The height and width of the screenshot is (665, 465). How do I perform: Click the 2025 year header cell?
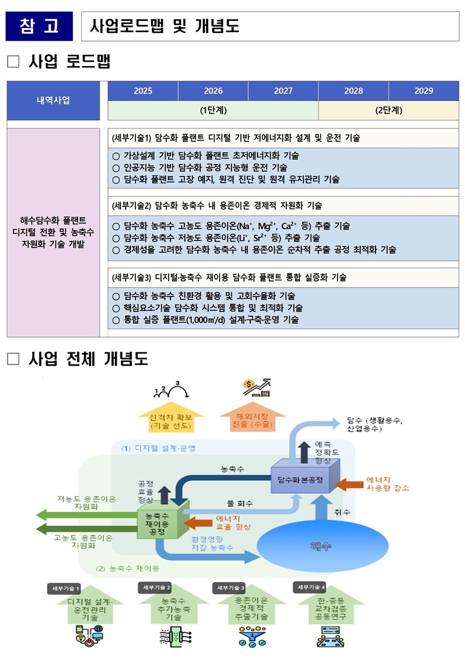click(x=143, y=91)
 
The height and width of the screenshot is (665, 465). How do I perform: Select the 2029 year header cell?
click(x=423, y=91)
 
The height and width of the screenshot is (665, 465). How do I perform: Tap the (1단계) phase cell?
click(x=213, y=110)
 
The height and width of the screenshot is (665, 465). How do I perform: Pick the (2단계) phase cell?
click(x=389, y=110)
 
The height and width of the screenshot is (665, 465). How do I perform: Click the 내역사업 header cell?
click(x=53, y=100)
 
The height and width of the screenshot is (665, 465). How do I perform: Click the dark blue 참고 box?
click(x=39, y=26)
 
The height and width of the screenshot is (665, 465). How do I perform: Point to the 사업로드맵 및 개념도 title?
click(x=165, y=26)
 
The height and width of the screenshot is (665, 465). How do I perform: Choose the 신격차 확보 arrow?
click(x=171, y=419)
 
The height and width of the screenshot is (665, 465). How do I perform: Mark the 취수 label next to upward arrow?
click(x=343, y=512)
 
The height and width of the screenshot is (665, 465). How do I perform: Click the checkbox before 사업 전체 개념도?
click(x=13, y=359)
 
